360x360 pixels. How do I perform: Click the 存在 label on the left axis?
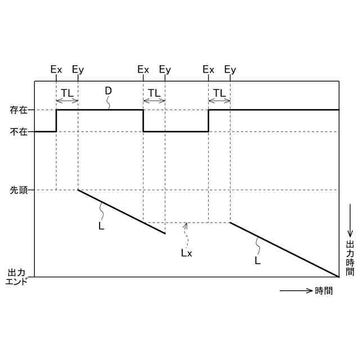[x=19, y=110]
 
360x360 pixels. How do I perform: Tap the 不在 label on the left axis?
[x=19, y=132]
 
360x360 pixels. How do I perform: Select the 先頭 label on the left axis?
[x=19, y=190]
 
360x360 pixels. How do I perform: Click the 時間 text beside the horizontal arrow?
[x=324, y=291]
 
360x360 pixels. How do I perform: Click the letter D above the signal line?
[x=108, y=91]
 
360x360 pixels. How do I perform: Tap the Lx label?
[x=186, y=253]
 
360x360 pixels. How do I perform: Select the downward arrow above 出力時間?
[x=350, y=220]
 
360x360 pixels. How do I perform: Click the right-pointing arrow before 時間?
[x=296, y=291]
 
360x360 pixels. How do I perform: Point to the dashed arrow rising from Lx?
[x=186, y=232]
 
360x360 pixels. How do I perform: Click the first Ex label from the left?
[x=56, y=70]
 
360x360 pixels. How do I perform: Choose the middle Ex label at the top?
[x=143, y=70]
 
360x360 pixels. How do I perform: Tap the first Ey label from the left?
[x=78, y=70]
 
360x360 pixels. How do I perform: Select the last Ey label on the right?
[x=230, y=70]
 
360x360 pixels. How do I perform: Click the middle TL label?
[x=154, y=92]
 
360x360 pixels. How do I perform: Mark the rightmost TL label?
[x=219, y=92]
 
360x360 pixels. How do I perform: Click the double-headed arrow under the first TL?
[x=67, y=101]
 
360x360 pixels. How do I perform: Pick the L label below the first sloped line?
[x=101, y=226]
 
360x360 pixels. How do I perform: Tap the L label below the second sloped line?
[x=257, y=260]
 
